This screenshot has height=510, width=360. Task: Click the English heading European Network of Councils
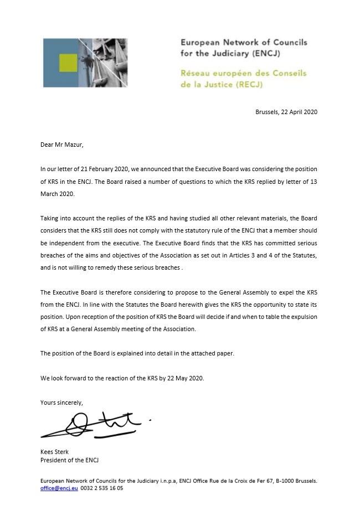coord(244,43)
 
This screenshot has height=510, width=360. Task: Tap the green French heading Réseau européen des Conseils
coord(243,74)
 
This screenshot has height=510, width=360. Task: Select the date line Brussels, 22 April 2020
coord(286,112)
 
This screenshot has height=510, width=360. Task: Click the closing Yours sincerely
coord(61,403)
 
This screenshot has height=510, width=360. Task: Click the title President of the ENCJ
coord(69,461)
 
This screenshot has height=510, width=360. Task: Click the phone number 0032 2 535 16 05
coord(102,489)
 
